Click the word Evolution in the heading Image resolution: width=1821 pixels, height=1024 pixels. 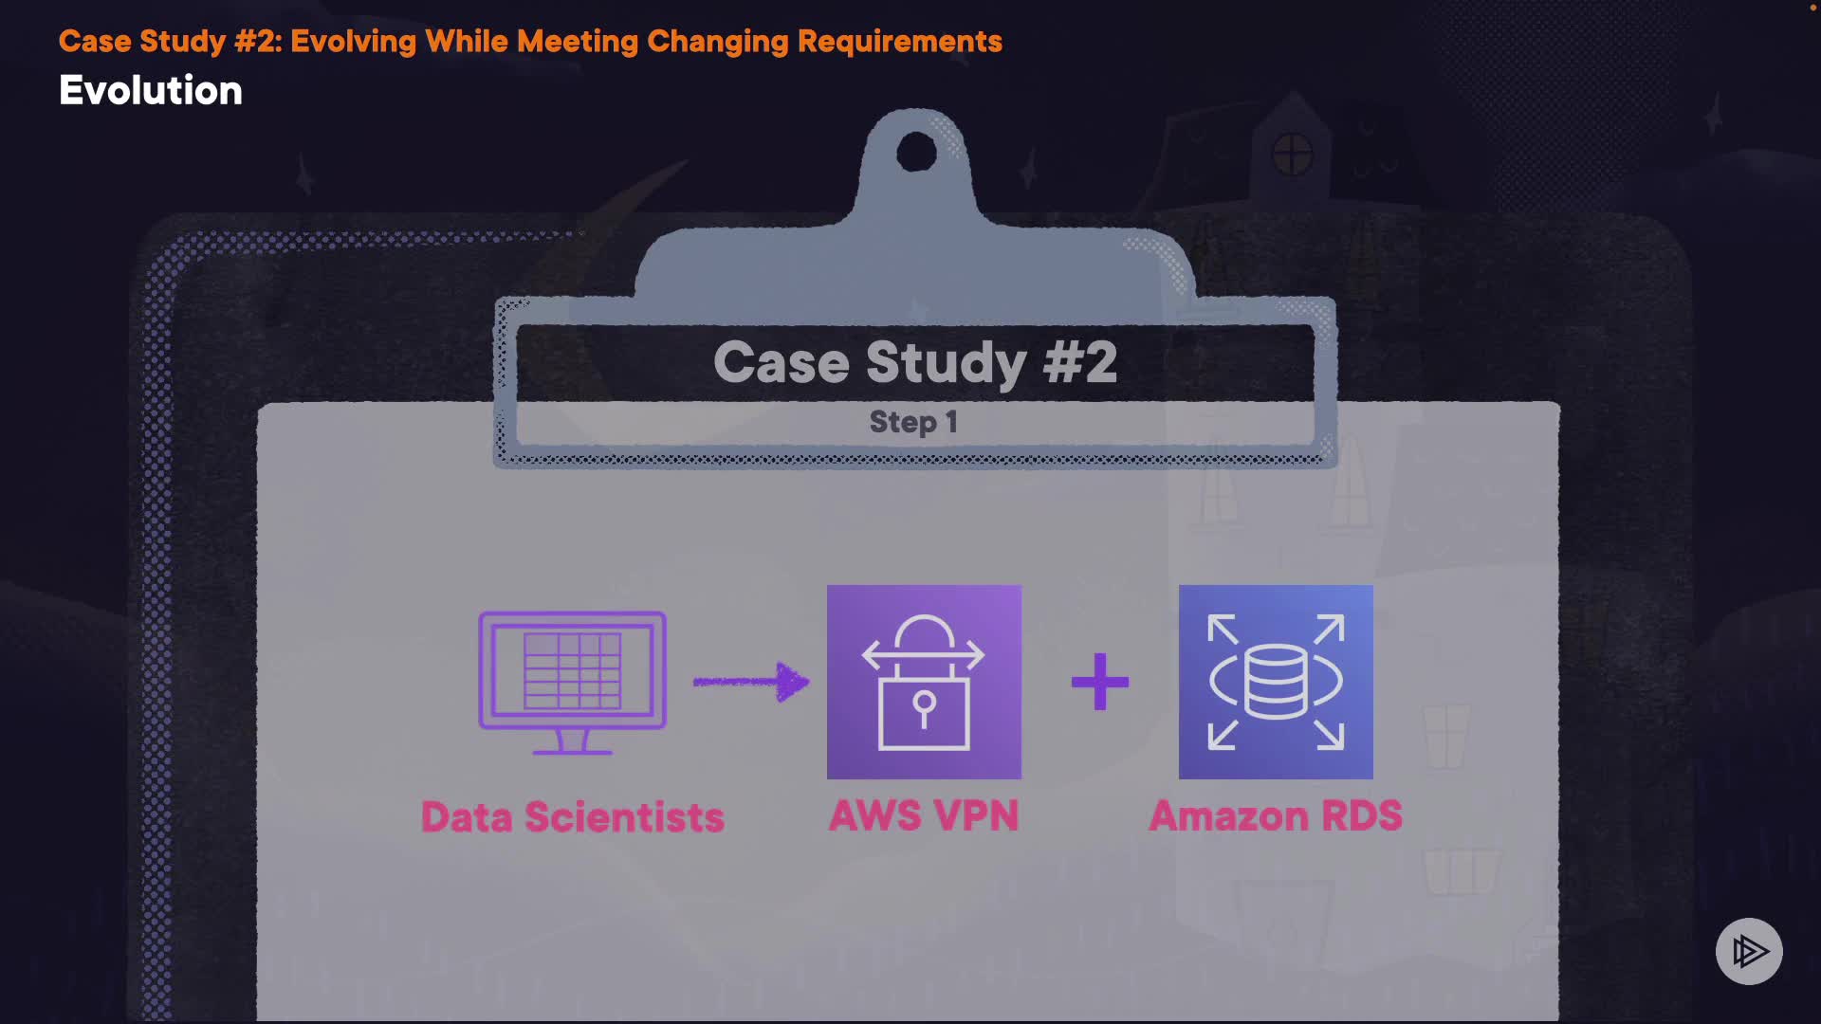pos(151,91)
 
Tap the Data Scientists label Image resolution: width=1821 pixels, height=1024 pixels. pos(572,817)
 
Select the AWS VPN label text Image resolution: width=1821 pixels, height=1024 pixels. pos(924,816)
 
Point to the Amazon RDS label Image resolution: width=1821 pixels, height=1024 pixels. pos(1276,816)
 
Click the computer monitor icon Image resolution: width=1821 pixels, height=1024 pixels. pos(572,673)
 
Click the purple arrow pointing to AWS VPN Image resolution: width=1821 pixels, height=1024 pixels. pos(750,681)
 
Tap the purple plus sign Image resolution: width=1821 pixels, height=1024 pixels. pos(1100,682)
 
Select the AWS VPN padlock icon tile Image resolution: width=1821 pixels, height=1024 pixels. pos(924,682)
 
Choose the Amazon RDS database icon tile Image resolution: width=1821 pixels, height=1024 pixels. pos(1276,682)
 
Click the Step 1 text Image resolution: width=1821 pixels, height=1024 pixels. pos(913,422)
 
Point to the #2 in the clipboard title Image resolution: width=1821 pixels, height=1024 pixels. pos(1080,362)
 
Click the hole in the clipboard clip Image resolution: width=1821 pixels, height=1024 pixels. pos(916,152)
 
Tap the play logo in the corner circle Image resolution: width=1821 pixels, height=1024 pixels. pos(1749,951)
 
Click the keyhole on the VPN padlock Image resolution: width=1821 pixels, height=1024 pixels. pos(924,706)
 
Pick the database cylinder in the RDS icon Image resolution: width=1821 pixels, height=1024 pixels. pos(1276,682)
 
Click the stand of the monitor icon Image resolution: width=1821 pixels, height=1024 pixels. pos(572,742)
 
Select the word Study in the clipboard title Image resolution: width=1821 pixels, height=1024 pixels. pos(946,363)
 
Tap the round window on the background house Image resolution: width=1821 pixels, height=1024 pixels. pos(1292,154)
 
